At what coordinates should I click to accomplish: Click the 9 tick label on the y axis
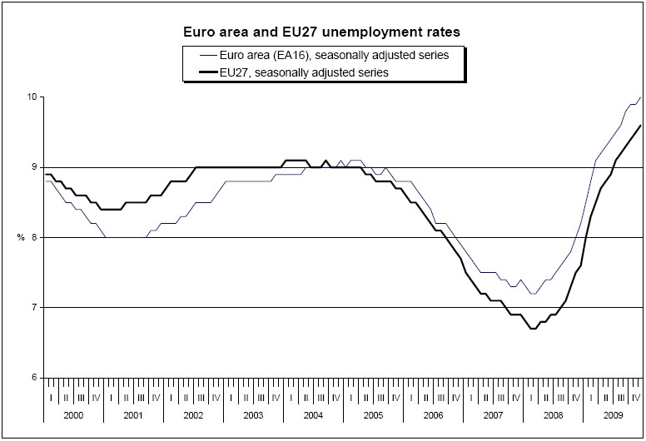(34, 167)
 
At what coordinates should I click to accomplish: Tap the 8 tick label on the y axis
(34, 237)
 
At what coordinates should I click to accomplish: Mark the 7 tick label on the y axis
(34, 308)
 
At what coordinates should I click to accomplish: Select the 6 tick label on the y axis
(34, 378)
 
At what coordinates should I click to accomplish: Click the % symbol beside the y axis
(20, 238)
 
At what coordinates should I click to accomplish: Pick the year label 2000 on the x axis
(72, 414)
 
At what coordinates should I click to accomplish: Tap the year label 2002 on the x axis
(193, 414)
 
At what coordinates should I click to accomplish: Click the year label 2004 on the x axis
(313, 414)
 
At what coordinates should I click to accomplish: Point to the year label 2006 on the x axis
(433, 414)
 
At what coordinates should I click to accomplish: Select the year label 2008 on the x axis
(553, 414)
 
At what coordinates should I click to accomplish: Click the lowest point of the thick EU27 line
(534, 329)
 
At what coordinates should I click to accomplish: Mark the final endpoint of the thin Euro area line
(640, 97)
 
